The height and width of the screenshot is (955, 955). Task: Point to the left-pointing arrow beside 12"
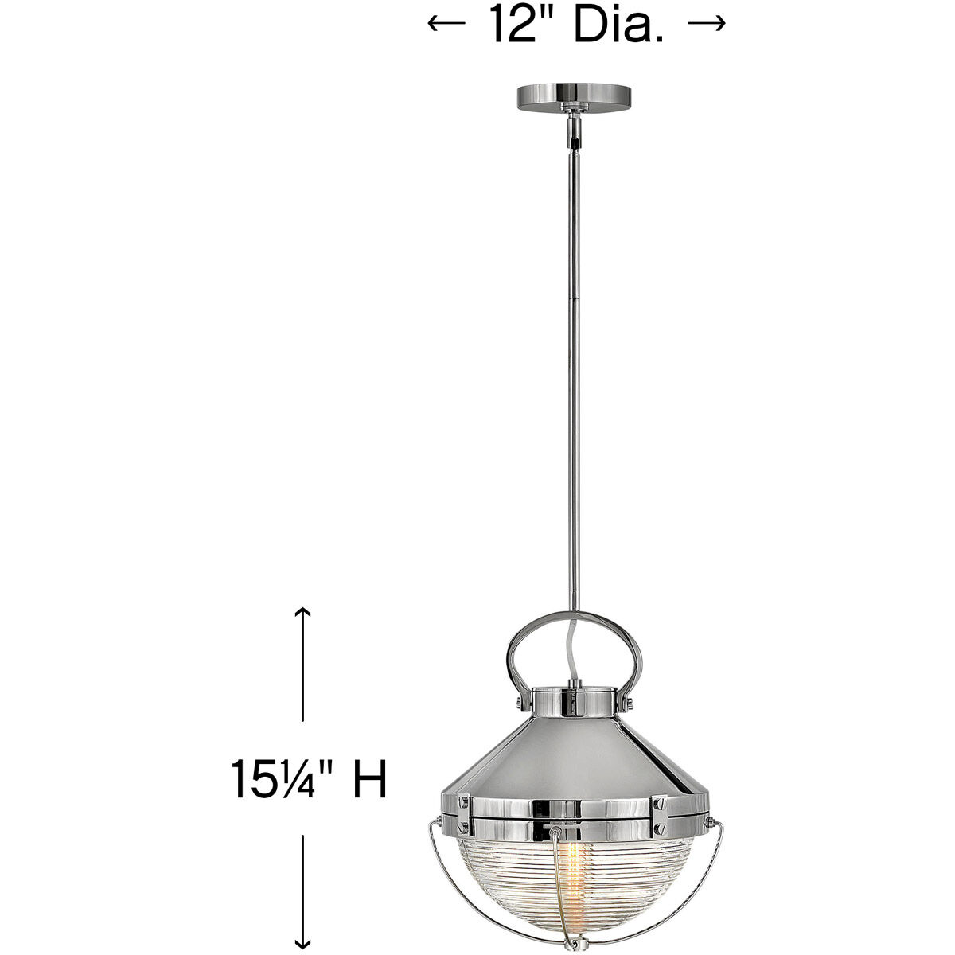click(446, 25)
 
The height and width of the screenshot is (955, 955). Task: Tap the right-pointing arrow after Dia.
click(706, 25)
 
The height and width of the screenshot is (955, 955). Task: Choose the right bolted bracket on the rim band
click(660, 809)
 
